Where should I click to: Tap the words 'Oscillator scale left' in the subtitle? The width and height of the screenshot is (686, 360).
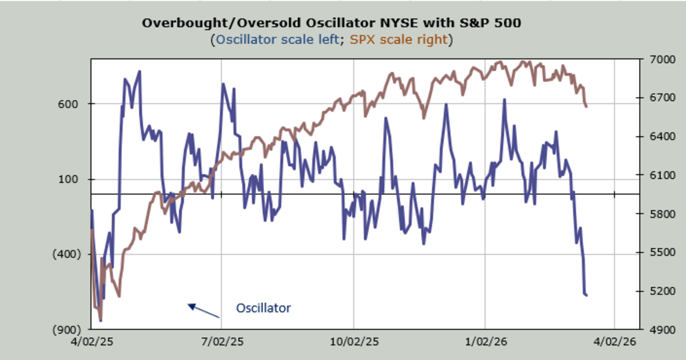pyautogui.click(x=277, y=40)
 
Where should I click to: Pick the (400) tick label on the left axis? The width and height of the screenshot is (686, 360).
pyautogui.click(x=69, y=254)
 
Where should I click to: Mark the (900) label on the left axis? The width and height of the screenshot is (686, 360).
pyautogui.click(x=69, y=330)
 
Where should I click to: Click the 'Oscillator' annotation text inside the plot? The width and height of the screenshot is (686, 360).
pyautogui.click(x=264, y=308)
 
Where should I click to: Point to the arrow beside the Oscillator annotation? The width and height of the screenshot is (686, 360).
pyautogui.click(x=204, y=310)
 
